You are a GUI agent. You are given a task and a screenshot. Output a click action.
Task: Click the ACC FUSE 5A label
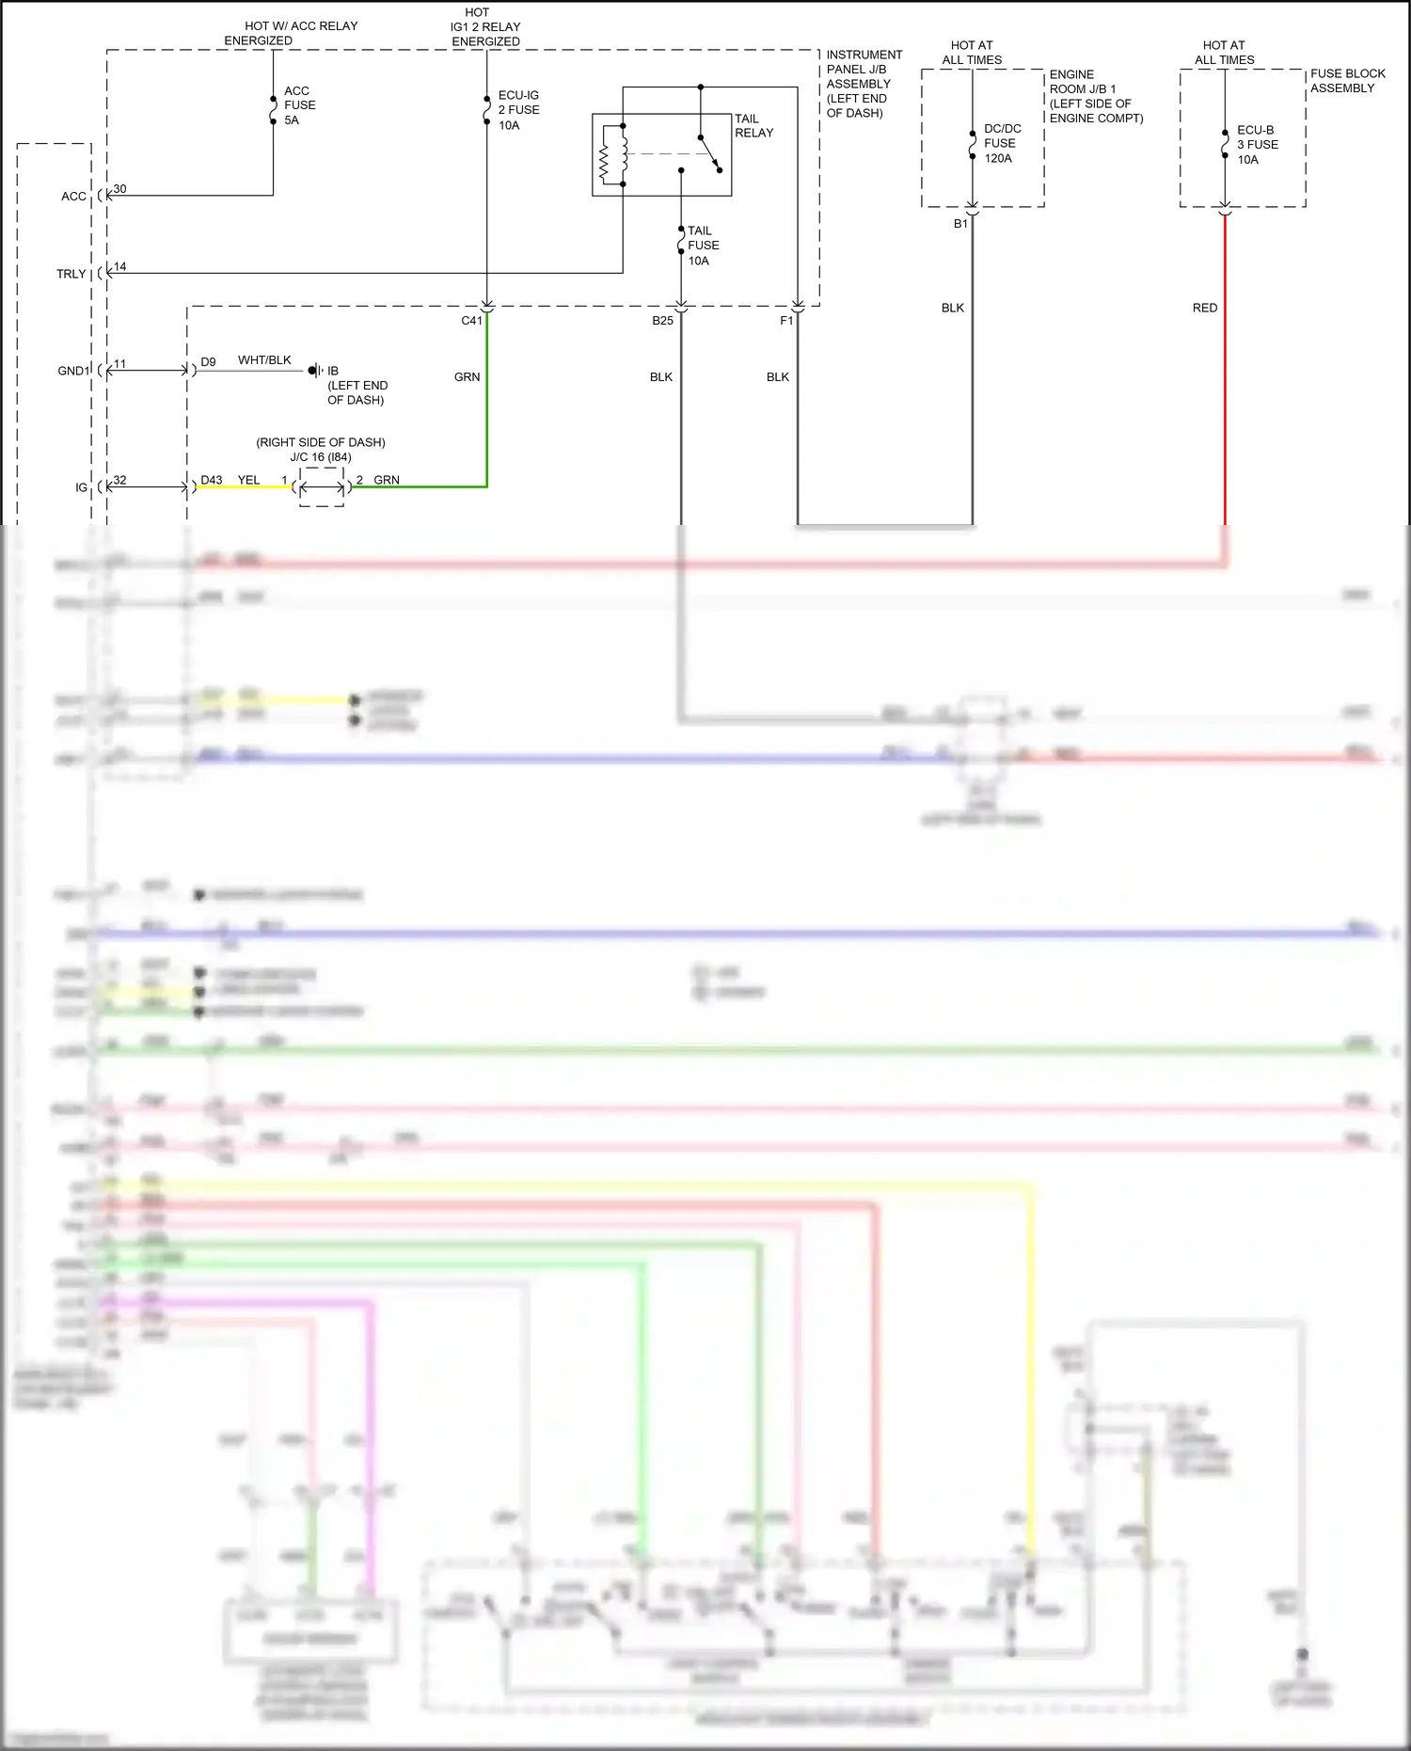tap(299, 105)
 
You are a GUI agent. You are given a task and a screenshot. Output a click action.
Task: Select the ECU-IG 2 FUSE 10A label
tap(518, 110)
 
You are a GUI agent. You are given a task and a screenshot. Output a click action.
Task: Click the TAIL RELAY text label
tap(753, 125)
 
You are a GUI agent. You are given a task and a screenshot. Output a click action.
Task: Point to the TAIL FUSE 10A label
tap(703, 246)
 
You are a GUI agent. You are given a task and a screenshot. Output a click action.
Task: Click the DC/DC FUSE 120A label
tap(1002, 143)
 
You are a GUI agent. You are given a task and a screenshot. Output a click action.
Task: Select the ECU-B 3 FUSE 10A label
tap(1257, 145)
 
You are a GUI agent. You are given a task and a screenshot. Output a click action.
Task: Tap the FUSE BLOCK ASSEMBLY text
tap(1347, 81)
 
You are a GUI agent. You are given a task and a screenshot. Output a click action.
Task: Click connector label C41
tap(471, 321)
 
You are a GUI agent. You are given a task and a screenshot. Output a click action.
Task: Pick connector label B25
tap(662, 321)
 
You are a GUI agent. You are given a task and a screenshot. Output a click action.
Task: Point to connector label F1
tap(786, 321)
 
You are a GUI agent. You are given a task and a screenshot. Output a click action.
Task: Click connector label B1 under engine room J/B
tap(960, 224)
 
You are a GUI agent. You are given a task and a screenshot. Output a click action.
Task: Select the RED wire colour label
tap(1204, 308)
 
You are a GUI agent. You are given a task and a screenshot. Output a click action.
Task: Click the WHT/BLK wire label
tap(264, 360)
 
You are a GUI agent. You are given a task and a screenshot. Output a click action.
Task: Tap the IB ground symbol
tap(315, 371)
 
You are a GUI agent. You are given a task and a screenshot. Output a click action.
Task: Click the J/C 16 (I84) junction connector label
tap(321, 457)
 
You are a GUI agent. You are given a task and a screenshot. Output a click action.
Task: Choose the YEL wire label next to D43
tap(248, 480)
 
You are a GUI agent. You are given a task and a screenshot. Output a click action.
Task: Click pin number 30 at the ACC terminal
tap(119, 189)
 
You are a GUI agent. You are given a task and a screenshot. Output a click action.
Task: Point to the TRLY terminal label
tap(71, 274)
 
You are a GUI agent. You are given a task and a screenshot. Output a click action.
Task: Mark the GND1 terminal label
tap(72, 371)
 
